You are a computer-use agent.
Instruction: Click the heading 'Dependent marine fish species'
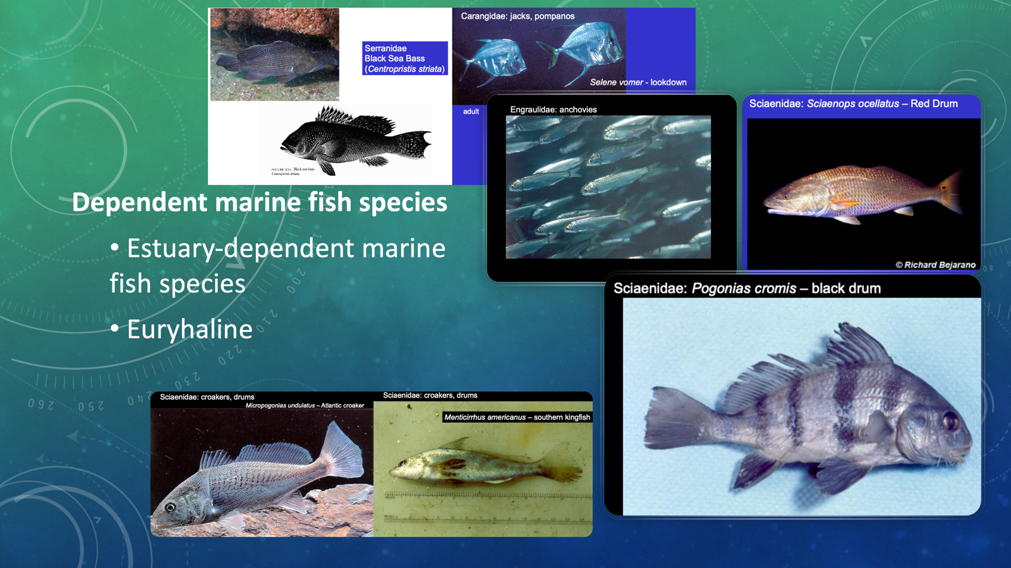point(259,203)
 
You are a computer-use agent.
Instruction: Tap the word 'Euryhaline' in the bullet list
point(190,329)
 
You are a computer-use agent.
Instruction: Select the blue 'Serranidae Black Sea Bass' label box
point(404,58)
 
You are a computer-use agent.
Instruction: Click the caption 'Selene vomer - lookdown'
point(638,82)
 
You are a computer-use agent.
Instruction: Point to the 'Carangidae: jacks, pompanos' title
point(518,16)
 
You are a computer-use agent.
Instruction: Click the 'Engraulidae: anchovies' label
point(553,109)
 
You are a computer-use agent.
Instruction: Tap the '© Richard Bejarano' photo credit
point(935,264)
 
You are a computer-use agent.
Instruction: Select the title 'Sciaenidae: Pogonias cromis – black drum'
point(747,288)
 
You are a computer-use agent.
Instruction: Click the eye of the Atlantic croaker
point(170,507)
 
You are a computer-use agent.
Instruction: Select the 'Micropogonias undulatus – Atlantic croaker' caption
point(305,405)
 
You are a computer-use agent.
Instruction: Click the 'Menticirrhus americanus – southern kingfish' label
point(517,417)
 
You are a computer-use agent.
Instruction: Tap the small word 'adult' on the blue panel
point(471,112)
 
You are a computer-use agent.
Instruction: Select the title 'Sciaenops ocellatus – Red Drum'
point(853,104)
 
